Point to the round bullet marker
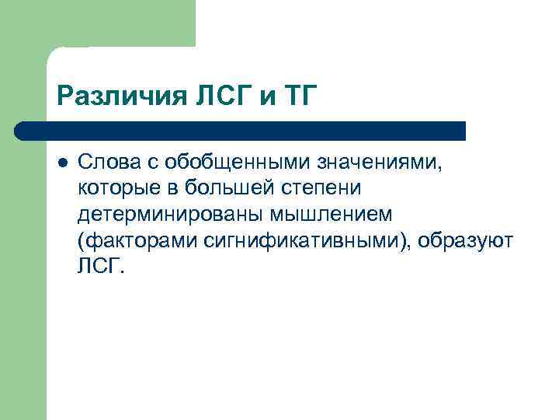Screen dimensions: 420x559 click(x=63, y=163)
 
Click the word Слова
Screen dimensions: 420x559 click(x=103, y=163)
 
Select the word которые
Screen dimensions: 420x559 click(x=109, y=189)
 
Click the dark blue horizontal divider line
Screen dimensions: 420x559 click(x=241, y=130)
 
